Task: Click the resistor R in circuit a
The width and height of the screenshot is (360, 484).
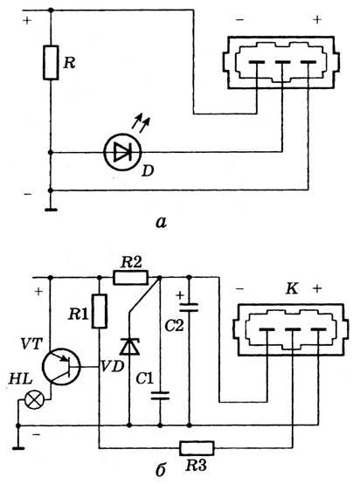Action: tap(51, 63)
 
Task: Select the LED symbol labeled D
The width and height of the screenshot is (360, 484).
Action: tap(122, 152)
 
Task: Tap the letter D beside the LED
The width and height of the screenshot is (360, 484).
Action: tap(148, 170)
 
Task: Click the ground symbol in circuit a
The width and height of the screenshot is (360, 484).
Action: tap(51, 211)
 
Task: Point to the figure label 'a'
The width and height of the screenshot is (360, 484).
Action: tap(161, 222)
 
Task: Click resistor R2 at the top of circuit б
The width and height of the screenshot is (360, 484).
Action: tap(130, 277)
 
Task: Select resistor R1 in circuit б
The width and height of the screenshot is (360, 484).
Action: tap(100, 311)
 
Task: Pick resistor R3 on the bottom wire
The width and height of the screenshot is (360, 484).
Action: tap(197, 448)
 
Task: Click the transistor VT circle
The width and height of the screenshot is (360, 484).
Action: tap(61, 367)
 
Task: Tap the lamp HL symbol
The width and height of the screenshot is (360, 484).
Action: tap(34, 400)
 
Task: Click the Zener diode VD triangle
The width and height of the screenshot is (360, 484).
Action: tap(129, 346)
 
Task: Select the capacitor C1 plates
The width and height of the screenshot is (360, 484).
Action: tap(160, 396)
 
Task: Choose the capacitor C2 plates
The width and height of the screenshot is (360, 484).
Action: tap(190, 307)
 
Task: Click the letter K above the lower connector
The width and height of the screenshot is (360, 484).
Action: tap(292, 289)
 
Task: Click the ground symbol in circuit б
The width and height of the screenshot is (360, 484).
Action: tap(18, 447)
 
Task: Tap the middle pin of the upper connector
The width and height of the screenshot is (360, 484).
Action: tap(282, 63)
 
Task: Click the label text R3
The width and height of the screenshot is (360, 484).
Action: tap(197, 465)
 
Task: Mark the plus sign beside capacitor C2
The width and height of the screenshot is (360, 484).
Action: tap(180, 295)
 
